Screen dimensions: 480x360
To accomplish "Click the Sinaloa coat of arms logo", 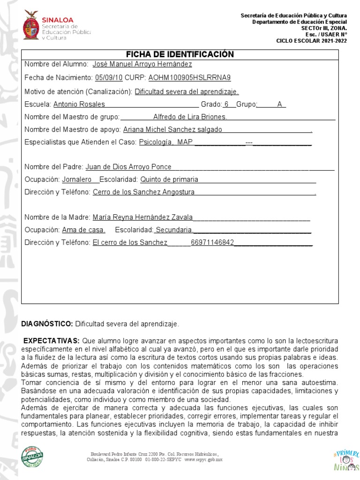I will (x=31, y=24).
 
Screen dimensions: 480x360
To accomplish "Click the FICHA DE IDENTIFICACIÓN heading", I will (x=180, y=54).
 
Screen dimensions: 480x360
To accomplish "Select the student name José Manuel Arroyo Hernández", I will (x=142, y=64).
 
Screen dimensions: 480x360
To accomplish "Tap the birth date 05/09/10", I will (x=109, y=77).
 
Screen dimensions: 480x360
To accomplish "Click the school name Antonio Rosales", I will (x=79, y=104).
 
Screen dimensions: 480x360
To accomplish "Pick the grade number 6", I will (x=226, y=104).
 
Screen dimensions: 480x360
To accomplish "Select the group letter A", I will (x=279, y=104).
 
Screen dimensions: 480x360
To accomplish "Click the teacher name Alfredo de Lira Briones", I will (x=190, y=117).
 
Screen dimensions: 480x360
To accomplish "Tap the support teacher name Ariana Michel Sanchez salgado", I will (x=172, y=129).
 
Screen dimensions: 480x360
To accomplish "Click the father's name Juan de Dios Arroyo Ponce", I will (x=128, y=166).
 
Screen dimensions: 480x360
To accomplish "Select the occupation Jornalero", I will (x=76, y=179).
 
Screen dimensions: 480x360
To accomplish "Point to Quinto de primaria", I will (x=169, y=179).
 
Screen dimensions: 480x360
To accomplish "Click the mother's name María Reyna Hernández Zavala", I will (x=142, y=217).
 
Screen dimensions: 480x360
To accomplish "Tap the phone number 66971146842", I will (x=212, y=242).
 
